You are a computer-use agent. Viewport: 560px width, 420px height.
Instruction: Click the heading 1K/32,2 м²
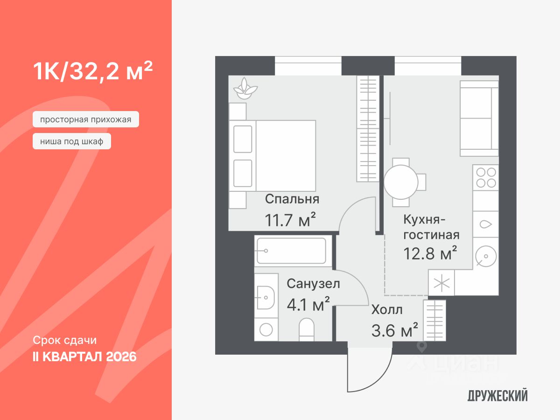(92, 71)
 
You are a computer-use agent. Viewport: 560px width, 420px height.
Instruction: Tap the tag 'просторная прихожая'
(86, 119)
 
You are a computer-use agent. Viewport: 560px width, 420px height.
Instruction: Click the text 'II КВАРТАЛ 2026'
(84, 357)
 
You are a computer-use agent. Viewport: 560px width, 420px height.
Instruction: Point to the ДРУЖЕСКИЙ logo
(497, 396)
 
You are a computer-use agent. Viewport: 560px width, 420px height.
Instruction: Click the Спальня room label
(292, 199)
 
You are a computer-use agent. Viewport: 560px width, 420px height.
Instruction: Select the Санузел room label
(313, 283)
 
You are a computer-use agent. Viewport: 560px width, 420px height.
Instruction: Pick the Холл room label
(387, 309)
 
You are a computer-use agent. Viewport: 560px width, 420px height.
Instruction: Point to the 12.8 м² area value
(430, 253)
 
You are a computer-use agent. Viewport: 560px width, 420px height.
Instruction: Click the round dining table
(401, 182)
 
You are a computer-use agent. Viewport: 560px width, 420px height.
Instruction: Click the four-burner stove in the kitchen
(485, 177)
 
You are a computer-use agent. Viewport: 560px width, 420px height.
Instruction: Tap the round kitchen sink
(485, 256)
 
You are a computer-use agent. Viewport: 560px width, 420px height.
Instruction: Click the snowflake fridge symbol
(441, 283)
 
